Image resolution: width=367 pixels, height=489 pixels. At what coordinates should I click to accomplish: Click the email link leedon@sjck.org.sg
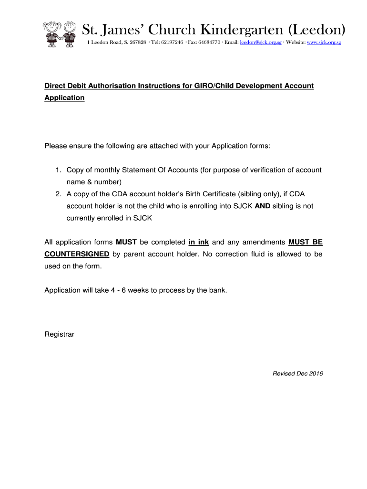pos(260,43)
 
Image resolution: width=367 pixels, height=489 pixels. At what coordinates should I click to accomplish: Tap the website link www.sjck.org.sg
pos(324,43)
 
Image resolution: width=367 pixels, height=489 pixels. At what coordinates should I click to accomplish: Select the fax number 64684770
pos(209,43)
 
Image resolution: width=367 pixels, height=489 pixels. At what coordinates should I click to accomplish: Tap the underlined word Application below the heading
pos(64,98)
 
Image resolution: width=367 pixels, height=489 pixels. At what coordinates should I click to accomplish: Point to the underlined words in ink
pos(199,242)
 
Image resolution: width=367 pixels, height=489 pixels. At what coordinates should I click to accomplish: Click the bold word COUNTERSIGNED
pos(77,254)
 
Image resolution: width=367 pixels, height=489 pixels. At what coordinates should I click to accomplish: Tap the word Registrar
pos(59,334)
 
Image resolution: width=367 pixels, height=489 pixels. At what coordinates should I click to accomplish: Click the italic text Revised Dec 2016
pos(297,373)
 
